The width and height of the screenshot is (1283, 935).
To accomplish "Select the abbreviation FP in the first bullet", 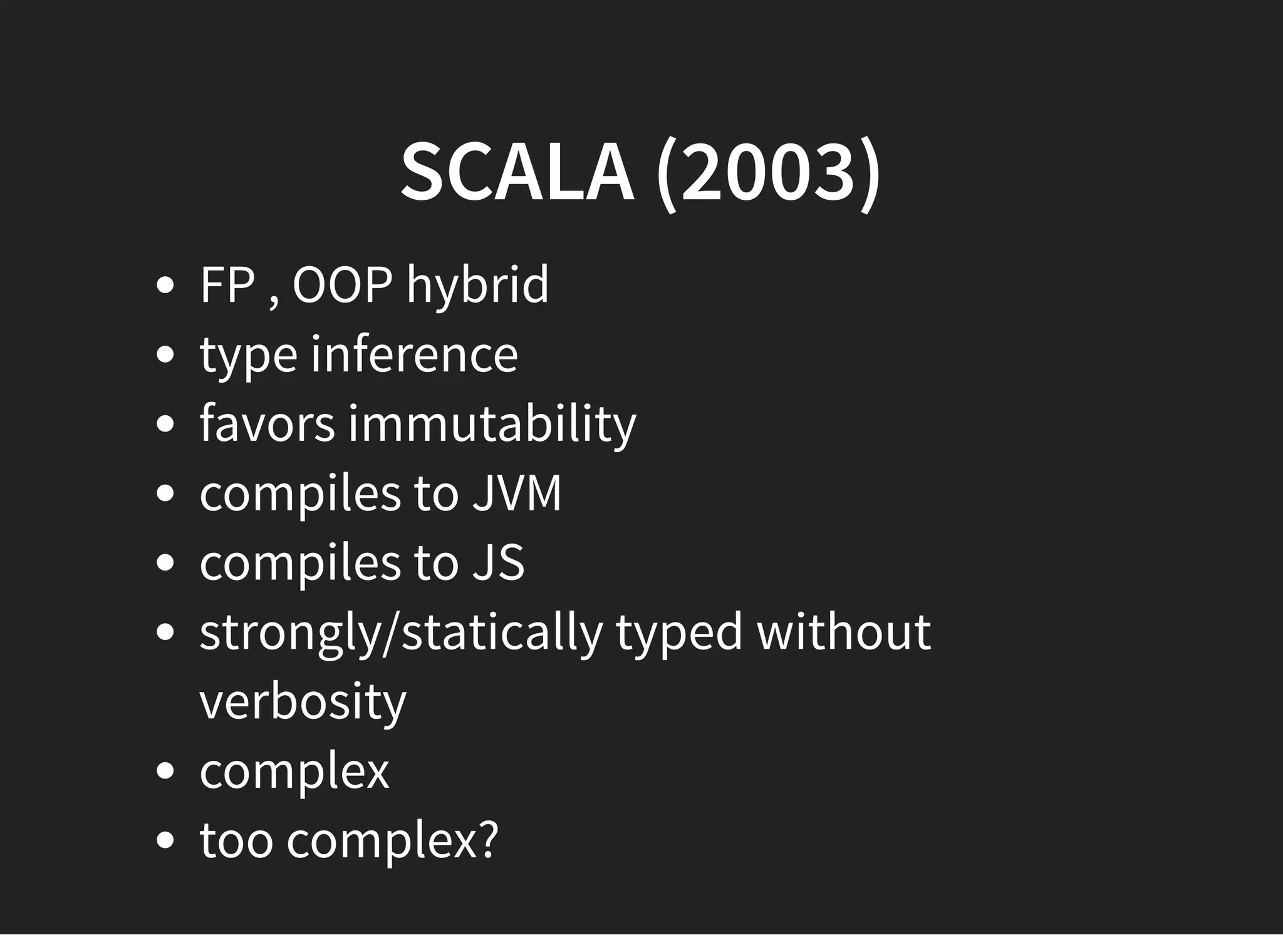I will (x=227, y=285).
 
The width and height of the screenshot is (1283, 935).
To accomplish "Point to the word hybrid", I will (x=477, y=286).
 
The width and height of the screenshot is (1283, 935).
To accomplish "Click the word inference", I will (x=415, y=354).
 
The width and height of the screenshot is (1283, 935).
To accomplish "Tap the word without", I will (x=844, y=632).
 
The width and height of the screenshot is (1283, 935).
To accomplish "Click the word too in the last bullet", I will (x=236, y=840).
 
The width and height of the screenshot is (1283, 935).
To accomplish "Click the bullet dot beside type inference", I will (x=165, y=355).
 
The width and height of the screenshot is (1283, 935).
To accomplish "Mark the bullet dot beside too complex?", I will (x=165, y=840).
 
